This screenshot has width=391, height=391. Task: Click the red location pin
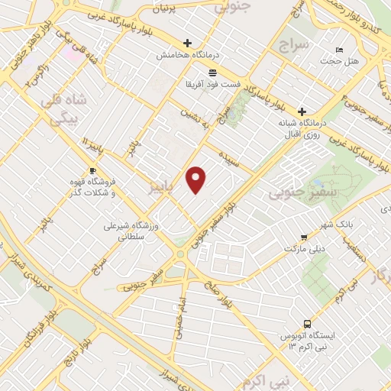tap(197, 179)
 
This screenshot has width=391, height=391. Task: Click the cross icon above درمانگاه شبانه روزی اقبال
tap(302, 111)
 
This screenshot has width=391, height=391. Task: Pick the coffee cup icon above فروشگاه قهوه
tap(92, 170)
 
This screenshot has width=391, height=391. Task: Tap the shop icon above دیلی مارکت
tap(305, 237)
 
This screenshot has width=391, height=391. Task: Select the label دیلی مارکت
tap(305, 249)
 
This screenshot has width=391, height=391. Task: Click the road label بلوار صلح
tap(215, 286)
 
